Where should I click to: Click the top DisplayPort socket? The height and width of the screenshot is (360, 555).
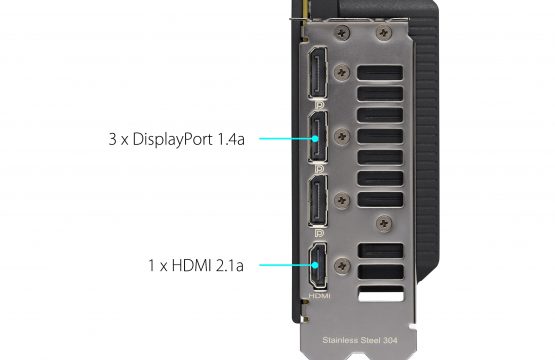[317, 73]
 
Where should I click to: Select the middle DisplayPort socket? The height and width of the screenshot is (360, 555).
[317, 137]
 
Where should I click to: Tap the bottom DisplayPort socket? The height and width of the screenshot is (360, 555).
[317, 200]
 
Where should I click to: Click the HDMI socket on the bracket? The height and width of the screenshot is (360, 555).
[317, 265]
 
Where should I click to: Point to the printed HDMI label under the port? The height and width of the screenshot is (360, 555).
[319, 296]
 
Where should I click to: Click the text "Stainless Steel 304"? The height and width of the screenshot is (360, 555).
[360, 340]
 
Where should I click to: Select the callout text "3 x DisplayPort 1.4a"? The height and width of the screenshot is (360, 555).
[176, 139]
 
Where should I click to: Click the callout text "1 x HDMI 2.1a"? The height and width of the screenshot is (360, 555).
[196, 265]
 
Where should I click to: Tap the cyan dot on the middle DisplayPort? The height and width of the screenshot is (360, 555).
[315, 138]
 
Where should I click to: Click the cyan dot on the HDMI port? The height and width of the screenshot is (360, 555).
[315, 265]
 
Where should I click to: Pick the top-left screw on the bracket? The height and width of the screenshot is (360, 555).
[342, 33]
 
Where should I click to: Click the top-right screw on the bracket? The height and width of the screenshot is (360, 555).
[384, 33]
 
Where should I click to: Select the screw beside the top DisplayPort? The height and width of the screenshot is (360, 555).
[342, 73]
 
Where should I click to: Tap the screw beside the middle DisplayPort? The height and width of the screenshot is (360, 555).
[342, 136]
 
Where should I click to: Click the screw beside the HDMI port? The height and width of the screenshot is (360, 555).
[342, 266]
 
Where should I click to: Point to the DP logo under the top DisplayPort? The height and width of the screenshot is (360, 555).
[319, 105]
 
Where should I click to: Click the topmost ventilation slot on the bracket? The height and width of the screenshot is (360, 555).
[380, 73]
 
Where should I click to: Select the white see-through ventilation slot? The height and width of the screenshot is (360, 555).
[381, 294]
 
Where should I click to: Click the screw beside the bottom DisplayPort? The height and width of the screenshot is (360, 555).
[342, 200]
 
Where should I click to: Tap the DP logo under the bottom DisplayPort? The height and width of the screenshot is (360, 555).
[319, 233]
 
